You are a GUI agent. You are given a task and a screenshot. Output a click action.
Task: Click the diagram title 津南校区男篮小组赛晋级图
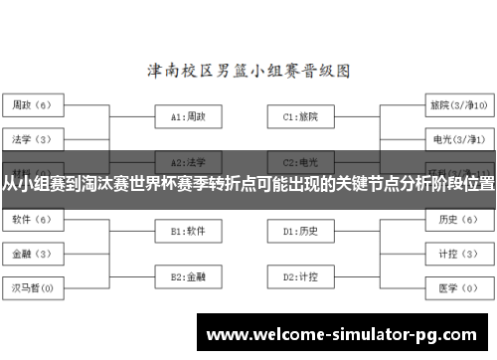pos(248,72)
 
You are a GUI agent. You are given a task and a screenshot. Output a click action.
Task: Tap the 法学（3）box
pos(37,138)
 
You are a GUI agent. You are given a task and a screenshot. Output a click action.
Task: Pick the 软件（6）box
pos(37,219)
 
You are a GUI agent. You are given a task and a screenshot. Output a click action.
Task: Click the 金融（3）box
pos(37,254)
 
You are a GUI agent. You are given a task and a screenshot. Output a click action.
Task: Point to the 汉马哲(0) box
pos(37,289)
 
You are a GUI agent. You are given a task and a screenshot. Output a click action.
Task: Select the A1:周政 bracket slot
pos(188,116)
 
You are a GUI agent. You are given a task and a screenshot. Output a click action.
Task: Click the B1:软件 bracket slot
pos(188,231)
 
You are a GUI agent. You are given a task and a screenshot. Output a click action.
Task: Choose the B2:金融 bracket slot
pos(188,275)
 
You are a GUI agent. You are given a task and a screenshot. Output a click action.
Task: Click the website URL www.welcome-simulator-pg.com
pos(346,332)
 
